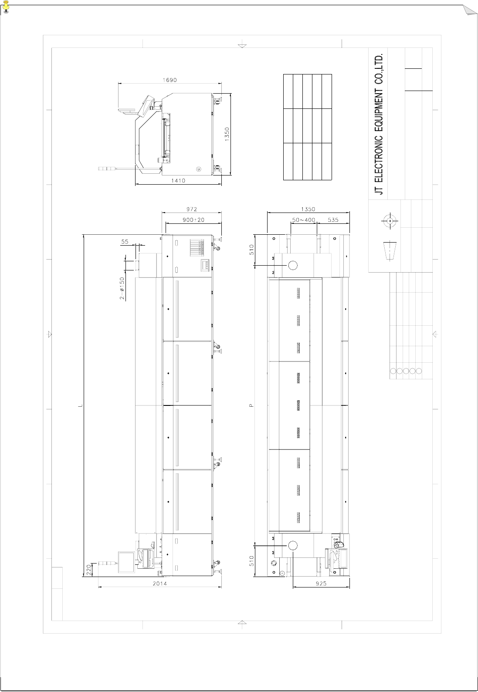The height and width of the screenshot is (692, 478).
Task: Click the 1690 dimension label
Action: pyautogui.click(x=170, y=80)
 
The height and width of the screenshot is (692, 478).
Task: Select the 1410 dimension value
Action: pyautogui.click(x=178, y=181)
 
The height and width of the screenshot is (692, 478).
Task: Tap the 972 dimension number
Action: pyautogui.click(x=192, y=209)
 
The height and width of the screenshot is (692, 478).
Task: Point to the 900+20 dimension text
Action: pyautogui.click(x=193, y=220)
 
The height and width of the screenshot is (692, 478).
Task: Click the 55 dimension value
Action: pyautogui.click(x=125, y=242)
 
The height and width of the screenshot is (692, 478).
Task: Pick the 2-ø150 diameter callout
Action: pyautogui.click(x=122, y=289)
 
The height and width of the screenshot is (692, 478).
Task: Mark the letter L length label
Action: pyautogui.click(x=80, y=405)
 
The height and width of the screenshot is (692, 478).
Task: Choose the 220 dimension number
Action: pyautogui.click(x=88, y=569)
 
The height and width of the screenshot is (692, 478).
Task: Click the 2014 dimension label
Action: pyautogui.click(x=160, y=584)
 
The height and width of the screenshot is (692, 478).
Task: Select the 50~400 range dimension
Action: pyautogui.click(x=304, y=220)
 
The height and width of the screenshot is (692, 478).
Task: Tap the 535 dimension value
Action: pyautogui.click(x=333, y=220)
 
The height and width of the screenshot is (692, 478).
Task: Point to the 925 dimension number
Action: pyautogui.click(x=321, y=584)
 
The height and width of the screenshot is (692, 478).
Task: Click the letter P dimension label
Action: pyautogui.click(x=252, y=405)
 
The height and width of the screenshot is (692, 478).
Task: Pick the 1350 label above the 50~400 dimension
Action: pyautogui.click(x=308, y=209)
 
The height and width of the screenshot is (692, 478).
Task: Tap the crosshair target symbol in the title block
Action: pyautogui.click(x=390, y=221)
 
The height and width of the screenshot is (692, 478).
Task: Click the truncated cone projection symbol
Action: pyautogui.click(x=390, y=250)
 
